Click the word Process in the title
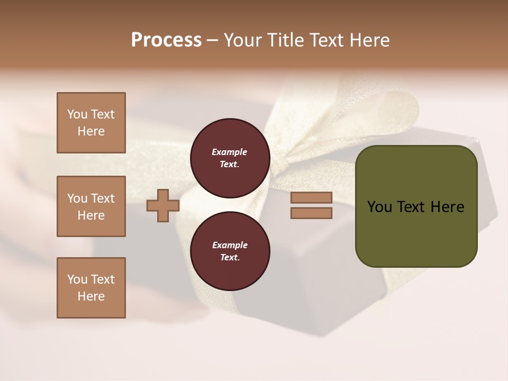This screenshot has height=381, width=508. click(x=166, y=40)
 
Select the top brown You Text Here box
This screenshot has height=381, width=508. click(x=91, y=123)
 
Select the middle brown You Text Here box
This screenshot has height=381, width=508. click(x=91, y=206)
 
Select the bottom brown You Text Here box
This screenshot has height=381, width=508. click(x=91, y=288)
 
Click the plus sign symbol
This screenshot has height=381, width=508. click(x=162, y=206)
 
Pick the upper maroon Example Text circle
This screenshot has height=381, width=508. click(x=230, y=158)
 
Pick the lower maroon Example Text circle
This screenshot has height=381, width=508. click(x=230, y=251)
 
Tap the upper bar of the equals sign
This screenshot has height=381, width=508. click(x=311, y=198)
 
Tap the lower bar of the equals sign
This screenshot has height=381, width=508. click(x=311, y=213)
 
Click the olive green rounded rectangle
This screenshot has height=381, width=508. click(x=416, y=233)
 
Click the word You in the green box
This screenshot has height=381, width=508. click(x=379, y=207)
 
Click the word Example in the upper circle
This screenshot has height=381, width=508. click(x=230, y=152)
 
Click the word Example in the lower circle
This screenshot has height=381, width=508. click(x=230, y=246)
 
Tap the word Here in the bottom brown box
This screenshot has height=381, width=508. click(x=91, y=296)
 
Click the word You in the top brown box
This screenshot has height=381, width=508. click(x=77, y=114)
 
